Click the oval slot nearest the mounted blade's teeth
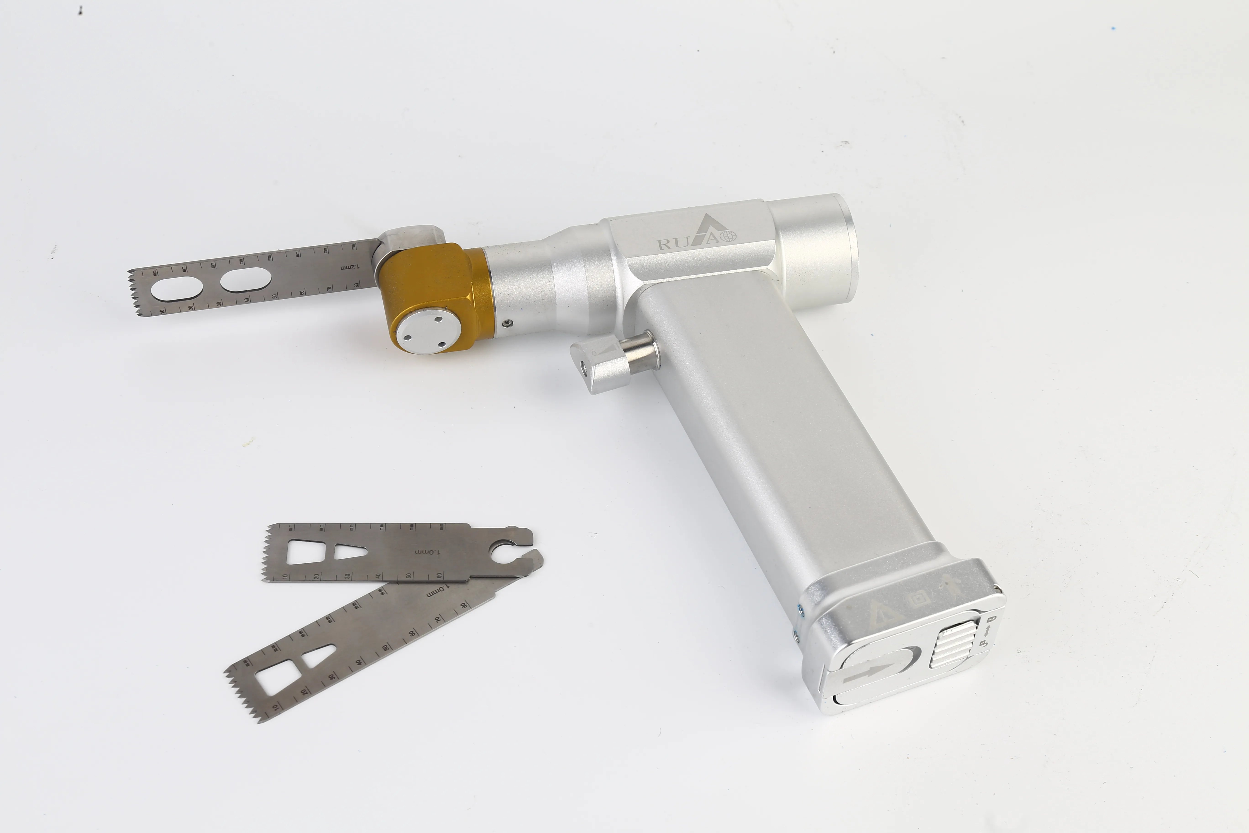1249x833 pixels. point(177,288)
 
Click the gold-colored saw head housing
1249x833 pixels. point(433,282)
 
